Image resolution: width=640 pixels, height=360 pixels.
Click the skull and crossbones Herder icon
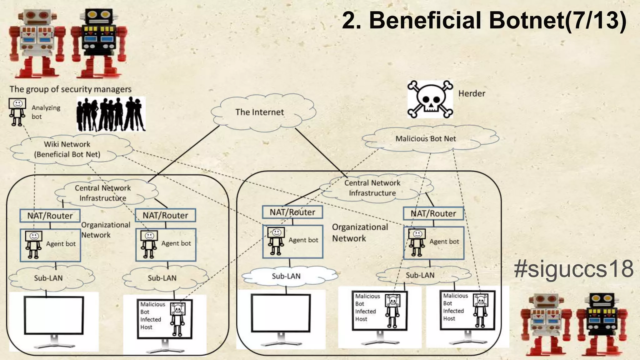pyautogui.click(x=430, y=99)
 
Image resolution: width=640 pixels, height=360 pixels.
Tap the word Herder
pyautogui.click(x=472, y=93)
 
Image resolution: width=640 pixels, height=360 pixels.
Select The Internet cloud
pyautogui.click(x=259, y=112)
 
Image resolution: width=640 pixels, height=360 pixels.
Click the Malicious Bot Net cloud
pyautogui.click(x=426, y=139)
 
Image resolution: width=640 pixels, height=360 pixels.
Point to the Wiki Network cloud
pyautogui.click(x=67, y=149)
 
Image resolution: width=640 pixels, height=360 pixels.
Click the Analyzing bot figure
pyautogui.click(x=17, y=112)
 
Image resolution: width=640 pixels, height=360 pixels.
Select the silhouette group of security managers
pyautogui.click(x=111, y=114)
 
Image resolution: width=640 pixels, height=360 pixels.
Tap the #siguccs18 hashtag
pyautogui.click(x=573, y=269)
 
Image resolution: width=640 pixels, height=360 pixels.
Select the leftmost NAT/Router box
pyautogui.click(x=50, y=216)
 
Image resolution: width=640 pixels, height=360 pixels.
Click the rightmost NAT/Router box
pyautogui.click(x=433, y=214)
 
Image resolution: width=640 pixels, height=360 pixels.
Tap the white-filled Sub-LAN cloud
pyautogui.click(x=286, y=276)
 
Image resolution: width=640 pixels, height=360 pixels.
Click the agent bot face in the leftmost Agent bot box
pyautogui.click(x=34, y=236)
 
